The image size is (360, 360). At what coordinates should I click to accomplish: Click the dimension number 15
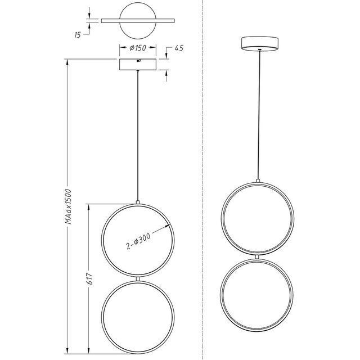(x=78, y=34)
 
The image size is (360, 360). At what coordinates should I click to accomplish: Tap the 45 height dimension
(x=179, y=48)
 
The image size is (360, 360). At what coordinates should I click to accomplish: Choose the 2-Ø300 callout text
(x=138, y=241)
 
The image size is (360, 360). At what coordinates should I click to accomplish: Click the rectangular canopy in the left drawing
(x=138, y=64)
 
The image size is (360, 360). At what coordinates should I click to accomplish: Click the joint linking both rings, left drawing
(x=138, y=278)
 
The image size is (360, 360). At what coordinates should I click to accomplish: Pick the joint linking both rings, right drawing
(x=258, y=257)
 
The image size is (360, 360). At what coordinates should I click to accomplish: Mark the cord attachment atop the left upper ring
(x=138, y=201)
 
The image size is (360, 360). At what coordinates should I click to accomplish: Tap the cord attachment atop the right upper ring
(x=258, y=181)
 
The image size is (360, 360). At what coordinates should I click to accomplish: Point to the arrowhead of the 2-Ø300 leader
(x=169, y=226)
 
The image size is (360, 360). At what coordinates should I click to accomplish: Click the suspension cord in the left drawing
(x=138, y=135)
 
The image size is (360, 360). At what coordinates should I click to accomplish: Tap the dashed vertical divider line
(x=203, y=169)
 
